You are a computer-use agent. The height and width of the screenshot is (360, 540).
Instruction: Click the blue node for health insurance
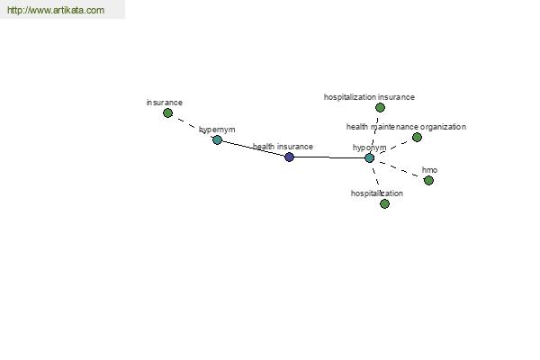click(x=289, y=157)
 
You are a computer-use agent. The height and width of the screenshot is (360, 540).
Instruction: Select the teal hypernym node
click(x=217, y=139)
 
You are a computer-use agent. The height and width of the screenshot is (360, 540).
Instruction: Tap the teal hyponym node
click(x=369, y=158)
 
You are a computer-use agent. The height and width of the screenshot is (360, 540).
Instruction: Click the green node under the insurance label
click(x=167, y=113)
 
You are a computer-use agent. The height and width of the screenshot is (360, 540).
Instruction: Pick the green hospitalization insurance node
click(x=380, y=108)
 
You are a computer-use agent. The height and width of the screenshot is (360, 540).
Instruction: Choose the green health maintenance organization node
click(x=417, y=138)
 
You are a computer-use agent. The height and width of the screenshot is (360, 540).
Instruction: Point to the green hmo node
click(x=428, y=181)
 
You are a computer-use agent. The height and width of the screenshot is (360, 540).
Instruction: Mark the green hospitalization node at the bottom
click(x=384, y=204)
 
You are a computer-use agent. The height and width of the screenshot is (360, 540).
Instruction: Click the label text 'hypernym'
click(x=217, y=130)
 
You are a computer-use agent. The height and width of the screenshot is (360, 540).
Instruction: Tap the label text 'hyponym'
click(x=370, y=148)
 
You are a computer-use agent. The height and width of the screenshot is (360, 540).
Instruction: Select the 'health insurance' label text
click(x=283, y=147)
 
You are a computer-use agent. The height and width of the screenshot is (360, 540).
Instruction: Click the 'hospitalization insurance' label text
click(x=369, y=97)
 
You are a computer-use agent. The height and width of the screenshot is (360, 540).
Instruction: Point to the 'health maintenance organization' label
click(x=406, y=127)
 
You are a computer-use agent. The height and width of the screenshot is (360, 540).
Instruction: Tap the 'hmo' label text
click(x=429, y=170)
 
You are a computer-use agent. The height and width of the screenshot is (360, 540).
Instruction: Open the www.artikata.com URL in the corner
click(x=56, y=10)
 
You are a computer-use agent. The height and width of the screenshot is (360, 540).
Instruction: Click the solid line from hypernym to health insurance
click(x=253, y=148)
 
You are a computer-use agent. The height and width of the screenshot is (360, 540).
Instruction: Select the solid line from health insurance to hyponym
click(x=329, y=157)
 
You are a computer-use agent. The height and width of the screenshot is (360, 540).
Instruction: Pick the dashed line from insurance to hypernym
click(x=193, y=126)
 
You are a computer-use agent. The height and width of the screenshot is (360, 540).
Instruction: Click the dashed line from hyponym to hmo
click(x=399, y=169)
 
